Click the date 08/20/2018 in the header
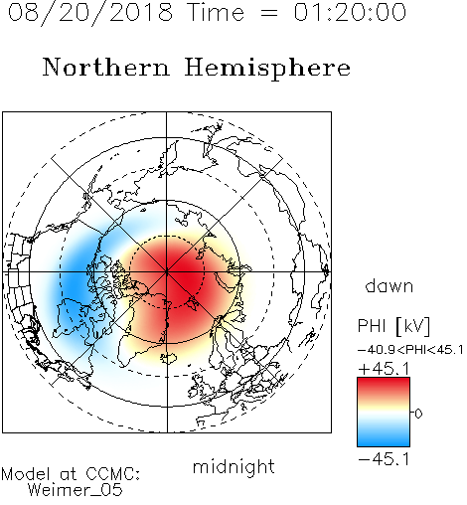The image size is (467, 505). pos(89,13)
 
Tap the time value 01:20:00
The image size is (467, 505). pos(350,12)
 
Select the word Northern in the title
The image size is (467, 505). pos(105,68)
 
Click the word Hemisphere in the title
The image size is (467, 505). pos(267,69)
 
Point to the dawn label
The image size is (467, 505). pos(389,285)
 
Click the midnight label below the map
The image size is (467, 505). pos(233,467)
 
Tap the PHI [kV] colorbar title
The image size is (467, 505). pos(393,326)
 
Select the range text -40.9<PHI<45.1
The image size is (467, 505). pos(410,350)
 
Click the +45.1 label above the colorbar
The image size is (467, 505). pos(384,369)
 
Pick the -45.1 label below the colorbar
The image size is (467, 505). pos(384,459)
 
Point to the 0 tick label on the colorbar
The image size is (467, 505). pos(418,414)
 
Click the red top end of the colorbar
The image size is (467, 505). pos(384,380)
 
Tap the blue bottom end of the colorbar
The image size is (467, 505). pos(384,443)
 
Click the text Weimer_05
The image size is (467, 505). pos(76,490)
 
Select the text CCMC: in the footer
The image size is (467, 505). pos(113,474)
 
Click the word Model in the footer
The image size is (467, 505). pos(26,474)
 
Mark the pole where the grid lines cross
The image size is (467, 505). pos(167,271)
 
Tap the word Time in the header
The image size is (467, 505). pos(216,12)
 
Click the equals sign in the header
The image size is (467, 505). pos(269,14)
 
